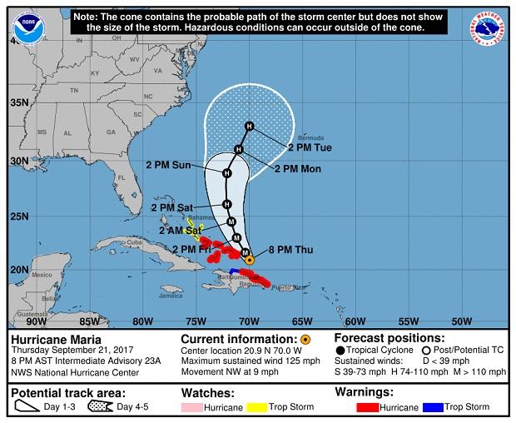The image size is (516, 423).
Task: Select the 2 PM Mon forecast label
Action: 297,168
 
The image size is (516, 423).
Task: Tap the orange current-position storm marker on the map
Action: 249,260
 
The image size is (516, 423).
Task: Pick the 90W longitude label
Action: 35,321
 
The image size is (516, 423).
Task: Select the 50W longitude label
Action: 460,321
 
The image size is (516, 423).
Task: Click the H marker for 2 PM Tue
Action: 249,126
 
